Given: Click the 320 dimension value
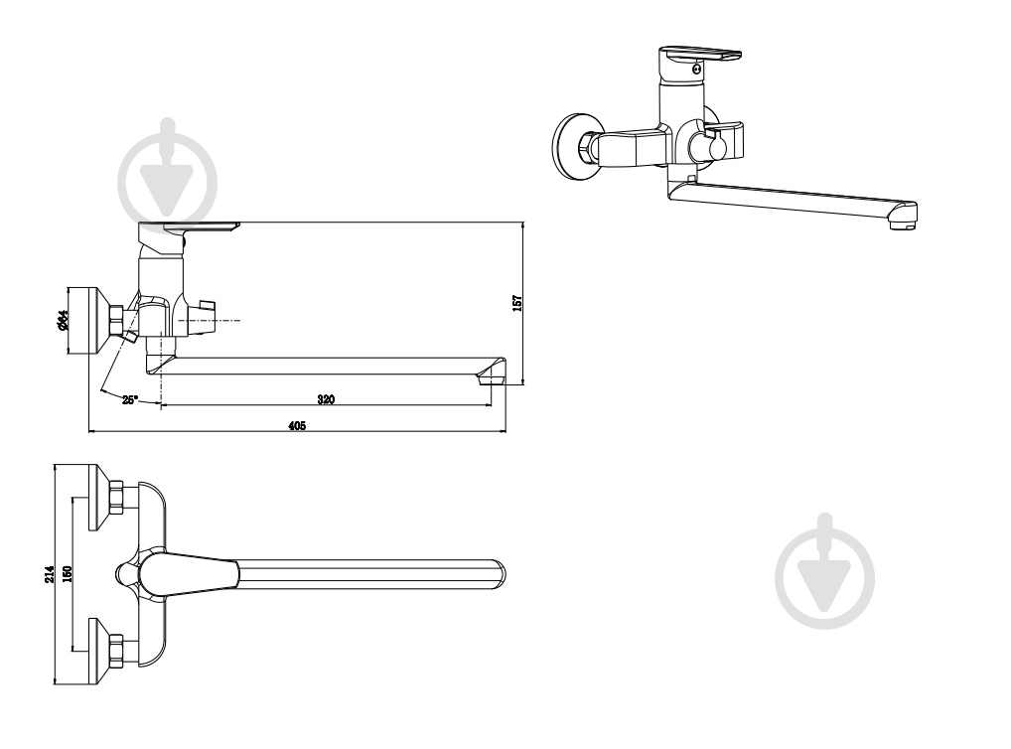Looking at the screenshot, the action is [x=327, y=399].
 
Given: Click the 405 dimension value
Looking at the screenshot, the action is [x=297, y=425].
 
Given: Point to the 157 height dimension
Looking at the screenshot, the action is [x=517, y=303].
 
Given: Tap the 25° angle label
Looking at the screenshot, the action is [x=129, y=400].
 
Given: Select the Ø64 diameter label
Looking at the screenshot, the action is [x=63, y=320].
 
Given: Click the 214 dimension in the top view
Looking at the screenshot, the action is [x=50, y=575].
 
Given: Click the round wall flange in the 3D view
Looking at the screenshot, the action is [x=573, y=147].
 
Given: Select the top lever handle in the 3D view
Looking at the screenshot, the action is [x=699, y=58].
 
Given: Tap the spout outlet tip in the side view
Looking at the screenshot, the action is [x=492, y=379].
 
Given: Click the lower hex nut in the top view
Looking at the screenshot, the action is [x=116, y=652].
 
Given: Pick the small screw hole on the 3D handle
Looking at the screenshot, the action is [x=697, y=68].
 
